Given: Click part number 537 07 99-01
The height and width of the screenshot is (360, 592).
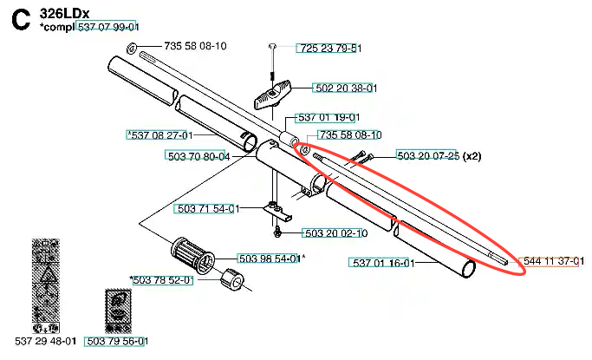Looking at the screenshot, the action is pos(108,27).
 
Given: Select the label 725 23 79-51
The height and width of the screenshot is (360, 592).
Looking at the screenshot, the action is pos(329,49).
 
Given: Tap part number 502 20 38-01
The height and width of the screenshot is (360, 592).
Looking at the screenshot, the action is pos(346,88).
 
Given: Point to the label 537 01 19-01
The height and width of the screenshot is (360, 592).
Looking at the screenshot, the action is pos(329,117).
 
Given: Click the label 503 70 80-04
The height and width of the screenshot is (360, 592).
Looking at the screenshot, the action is pos(198,156).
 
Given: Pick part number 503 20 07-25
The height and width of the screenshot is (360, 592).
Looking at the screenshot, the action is pos(428,155).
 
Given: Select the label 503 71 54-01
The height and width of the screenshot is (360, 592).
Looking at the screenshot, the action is pos(208,208).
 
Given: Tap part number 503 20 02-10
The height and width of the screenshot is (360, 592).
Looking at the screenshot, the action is pos(336,233).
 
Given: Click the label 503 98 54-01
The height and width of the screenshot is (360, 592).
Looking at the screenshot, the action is pos(270,259).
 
